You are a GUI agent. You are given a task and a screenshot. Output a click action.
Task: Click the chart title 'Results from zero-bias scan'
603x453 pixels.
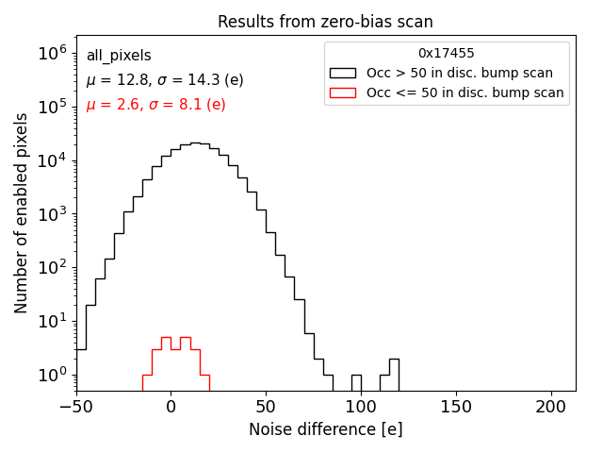325,22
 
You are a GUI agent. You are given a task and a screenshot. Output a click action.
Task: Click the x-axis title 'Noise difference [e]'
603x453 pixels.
325,429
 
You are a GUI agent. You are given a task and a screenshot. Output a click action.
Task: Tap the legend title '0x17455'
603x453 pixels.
447,54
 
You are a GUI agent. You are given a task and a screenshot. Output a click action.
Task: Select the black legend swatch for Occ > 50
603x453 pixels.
343,73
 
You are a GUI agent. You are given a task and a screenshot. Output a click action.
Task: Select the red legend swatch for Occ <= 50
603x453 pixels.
343,92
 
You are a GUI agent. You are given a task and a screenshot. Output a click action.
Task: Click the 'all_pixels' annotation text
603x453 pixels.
119,56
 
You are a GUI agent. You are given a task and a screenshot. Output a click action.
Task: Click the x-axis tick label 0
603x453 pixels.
171,408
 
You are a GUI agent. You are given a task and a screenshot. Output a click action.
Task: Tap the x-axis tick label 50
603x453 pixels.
266,408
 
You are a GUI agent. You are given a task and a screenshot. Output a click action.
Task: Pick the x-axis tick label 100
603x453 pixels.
361,408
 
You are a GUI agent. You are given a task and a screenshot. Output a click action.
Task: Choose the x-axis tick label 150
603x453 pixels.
456,408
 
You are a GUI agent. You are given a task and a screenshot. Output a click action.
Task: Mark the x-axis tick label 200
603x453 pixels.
551,408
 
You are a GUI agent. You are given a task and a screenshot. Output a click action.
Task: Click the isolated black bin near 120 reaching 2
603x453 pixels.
394,375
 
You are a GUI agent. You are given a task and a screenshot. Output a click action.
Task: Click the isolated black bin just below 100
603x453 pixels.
356,382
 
